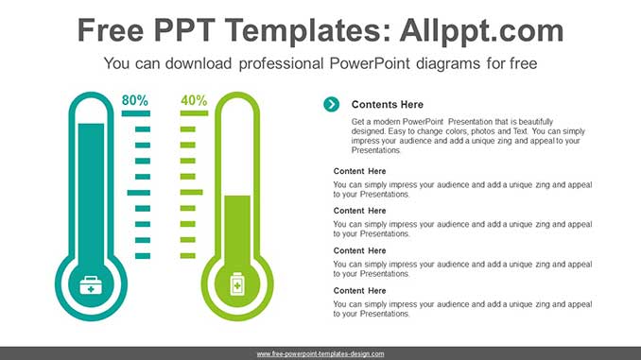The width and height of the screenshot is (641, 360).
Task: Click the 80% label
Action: click(135, 100)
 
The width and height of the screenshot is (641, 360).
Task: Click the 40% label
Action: click(194, 100)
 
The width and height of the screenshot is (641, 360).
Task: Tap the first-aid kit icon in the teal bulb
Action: click(92, 283)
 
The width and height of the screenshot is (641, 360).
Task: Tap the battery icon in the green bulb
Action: click(237, 283)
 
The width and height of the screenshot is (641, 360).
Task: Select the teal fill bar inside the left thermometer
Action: click(92, 189)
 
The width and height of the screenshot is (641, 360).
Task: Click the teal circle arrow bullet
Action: click(331, 104)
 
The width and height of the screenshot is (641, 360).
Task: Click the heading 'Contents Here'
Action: click(387, 105)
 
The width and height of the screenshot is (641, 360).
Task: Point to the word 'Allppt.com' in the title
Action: click(481, 30)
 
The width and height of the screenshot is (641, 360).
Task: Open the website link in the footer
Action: click(320, 353)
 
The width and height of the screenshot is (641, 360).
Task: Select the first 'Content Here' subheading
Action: click(359, 171)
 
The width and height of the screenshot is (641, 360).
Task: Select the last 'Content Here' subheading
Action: click(359, 291)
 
